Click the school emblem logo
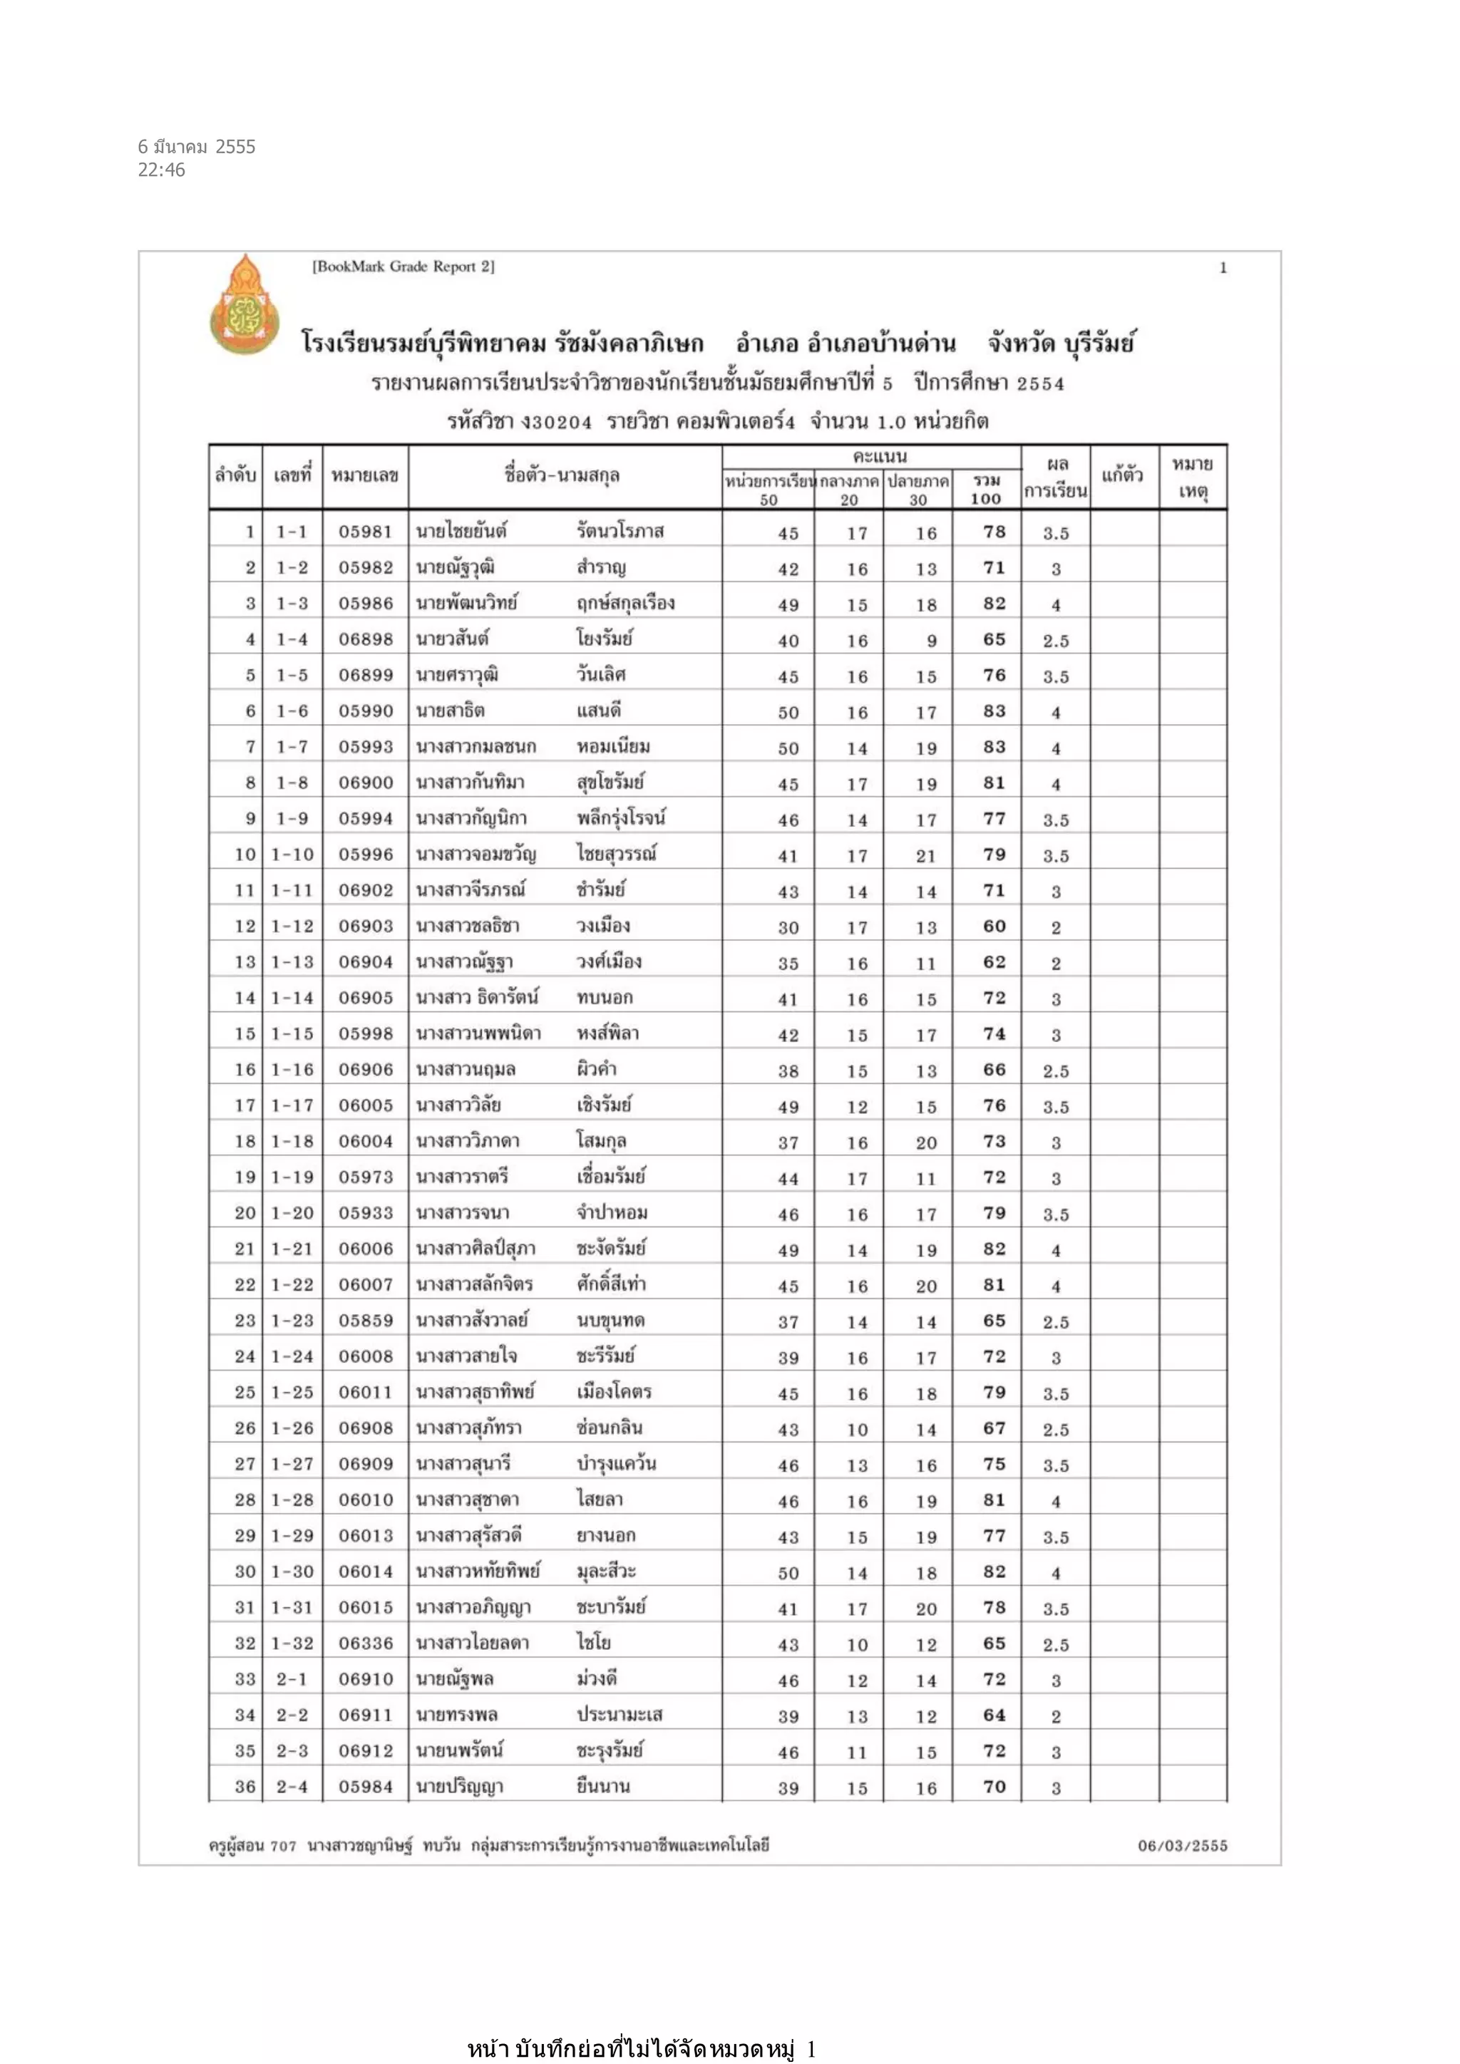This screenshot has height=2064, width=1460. pyautogui.click(x=244, y=304)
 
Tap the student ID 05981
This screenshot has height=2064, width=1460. pyautogui.click(x=365, y=532)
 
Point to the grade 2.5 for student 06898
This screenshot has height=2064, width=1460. pyautogui.click(x=1056, y=641)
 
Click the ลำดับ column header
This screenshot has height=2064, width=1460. pyautogui.click(x=235, y=475)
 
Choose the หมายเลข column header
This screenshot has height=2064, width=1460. pyautogui.click(x=364, y=475)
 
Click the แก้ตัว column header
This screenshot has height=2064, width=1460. pyautogui.click(x=1122, y=475)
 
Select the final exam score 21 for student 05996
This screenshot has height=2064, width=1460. pyautogui.click(x=926, y=856)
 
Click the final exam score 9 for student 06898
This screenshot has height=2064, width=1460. pyautogui.click(x=931, y=641)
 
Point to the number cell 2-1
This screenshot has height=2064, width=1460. pyautogui.click(x=292, y=1679)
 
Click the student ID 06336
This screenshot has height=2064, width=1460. pyautogui.click(x=365, y=1644)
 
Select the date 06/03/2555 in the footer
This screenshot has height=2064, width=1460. pyautogui.click(x=1182, y=1845)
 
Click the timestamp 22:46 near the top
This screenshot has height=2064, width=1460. pyautogui.click(x=162, y=170)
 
